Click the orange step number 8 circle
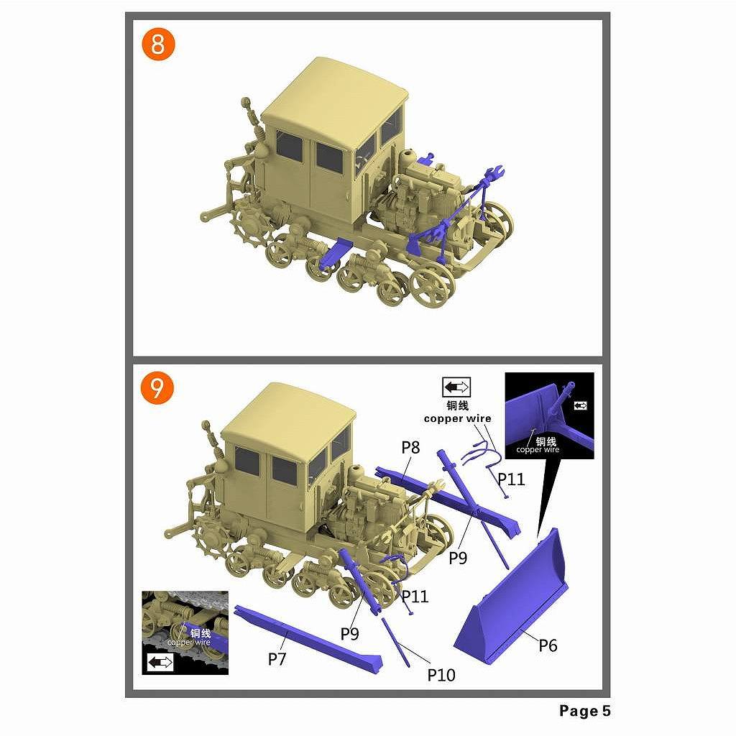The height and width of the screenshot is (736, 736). [157, 45]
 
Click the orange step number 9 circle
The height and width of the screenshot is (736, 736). [157, 387]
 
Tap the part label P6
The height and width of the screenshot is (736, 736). [547, 645]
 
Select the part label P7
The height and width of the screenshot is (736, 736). [277, 659]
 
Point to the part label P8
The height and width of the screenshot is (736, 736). [410, 448]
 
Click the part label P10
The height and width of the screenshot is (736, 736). [441, 675]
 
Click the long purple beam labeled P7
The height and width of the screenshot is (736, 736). [308, 639]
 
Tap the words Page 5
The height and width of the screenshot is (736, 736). [585, 711]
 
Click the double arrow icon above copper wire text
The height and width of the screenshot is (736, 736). [456, 387]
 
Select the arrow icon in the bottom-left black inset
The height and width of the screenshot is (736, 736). [160, 662]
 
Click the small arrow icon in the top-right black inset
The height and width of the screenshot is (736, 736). [581, 405]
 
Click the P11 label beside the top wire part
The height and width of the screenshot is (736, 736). [511, 479]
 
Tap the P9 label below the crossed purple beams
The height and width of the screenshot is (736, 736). [458, 558]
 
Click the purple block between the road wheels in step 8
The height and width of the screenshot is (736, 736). [333, 254]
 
